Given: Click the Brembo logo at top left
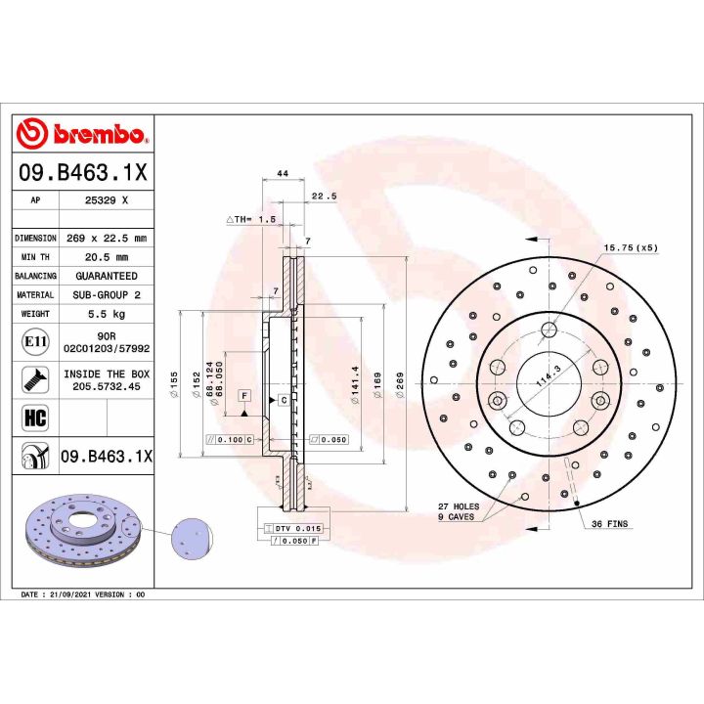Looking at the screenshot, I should [x=83, y=133].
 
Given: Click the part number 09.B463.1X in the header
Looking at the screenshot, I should [x=83, y=173].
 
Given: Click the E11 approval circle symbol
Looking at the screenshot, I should [x=34, y=342].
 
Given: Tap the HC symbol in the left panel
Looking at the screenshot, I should [x=34, y=418].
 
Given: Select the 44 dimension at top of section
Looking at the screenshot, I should [x=283, y=173].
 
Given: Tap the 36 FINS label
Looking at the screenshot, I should [x=611, y=525].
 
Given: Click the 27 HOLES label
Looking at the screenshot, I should [x=460, y=506].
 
